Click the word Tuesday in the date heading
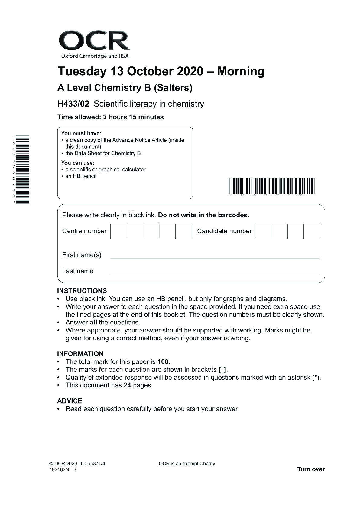tap(82, 71)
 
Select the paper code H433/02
tap(73, 104)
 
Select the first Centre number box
tap(118, 231)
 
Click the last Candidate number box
tap(312, 231)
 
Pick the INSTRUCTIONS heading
tap(82, 291)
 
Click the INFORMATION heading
tap(80, 354)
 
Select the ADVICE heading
tap(70, 401)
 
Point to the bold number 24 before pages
tap(127, 385)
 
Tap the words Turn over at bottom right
tap(311, 469)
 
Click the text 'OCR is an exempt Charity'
tap(187, 464)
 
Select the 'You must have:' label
tap(81, 133)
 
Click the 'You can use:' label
tap(78, 163)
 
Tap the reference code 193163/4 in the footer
tap(59, 470)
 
